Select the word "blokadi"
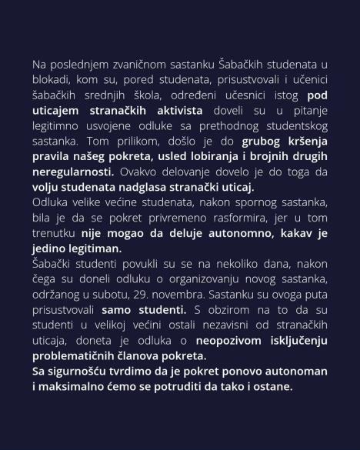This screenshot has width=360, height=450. tap(51, 80)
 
